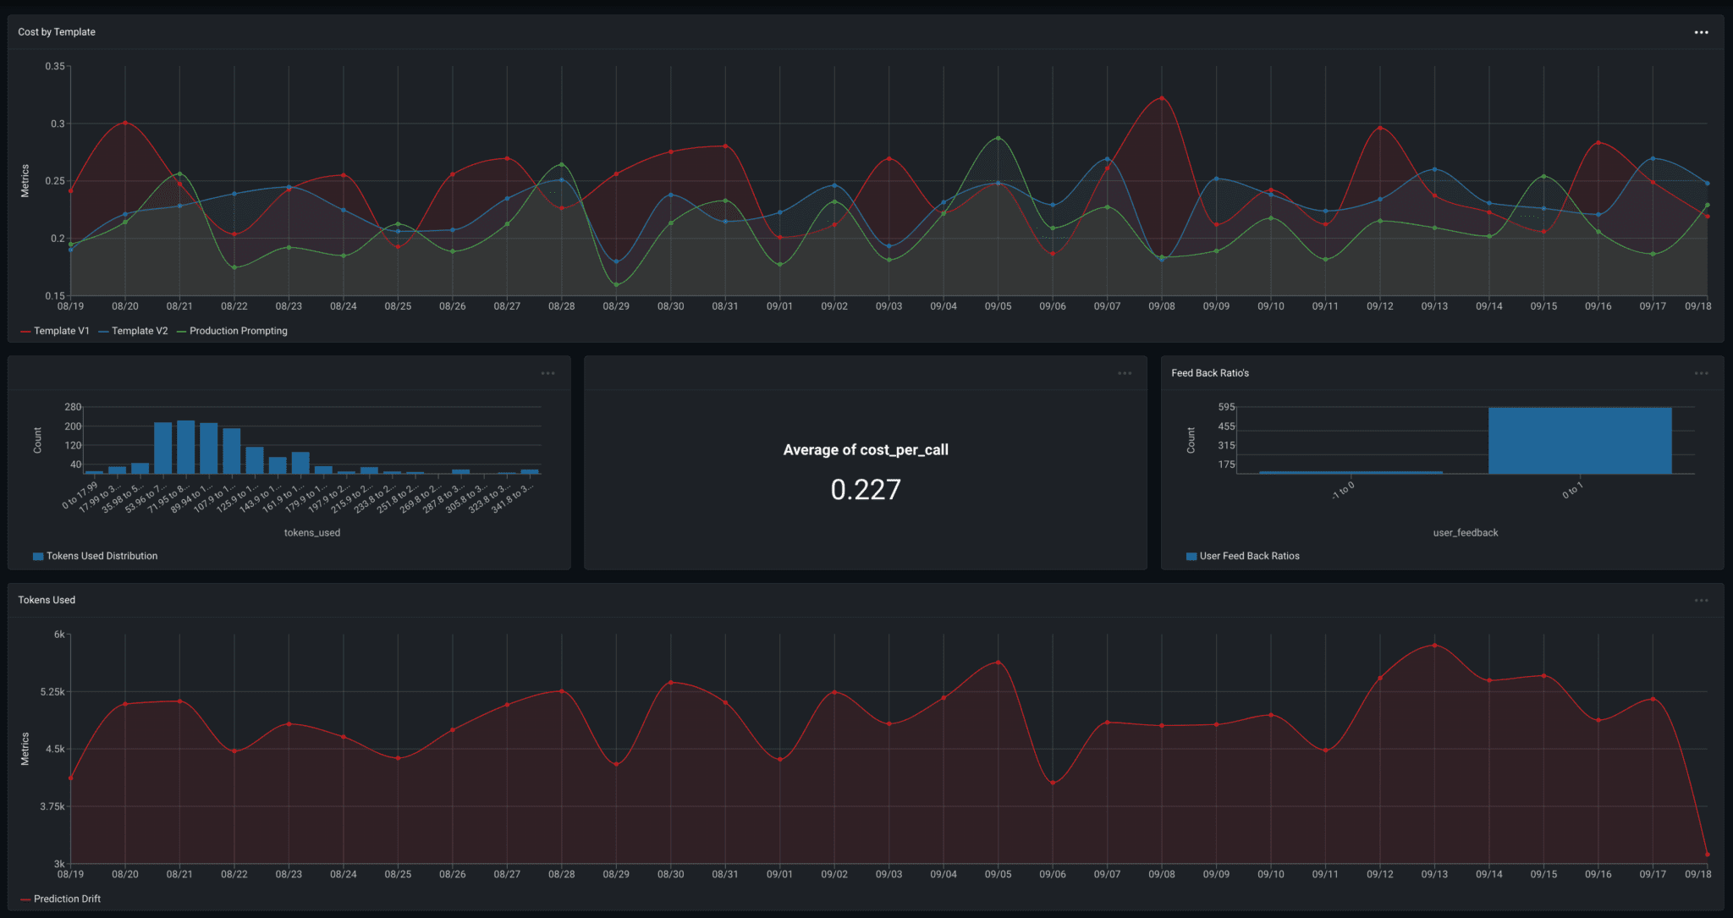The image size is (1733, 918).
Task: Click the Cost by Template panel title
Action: pyautogui.click(x=57, y=32)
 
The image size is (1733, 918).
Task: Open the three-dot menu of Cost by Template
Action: pyautogui.click(x=1701, y=32)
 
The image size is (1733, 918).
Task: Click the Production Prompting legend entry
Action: pyautogui.click(x=238, y=331)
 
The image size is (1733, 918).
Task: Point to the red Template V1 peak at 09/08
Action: pyautogui.click(x=1162, y=98)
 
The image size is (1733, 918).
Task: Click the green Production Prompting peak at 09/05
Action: pyautogui.click(x=999, y=138)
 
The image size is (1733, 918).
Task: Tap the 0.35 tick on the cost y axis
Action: pyautogui.click(x=55, y=66)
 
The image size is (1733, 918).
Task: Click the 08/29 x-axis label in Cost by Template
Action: pyautogui.click(x=616, y=306)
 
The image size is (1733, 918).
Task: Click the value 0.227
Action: pyautogui.click(x=866, y=490)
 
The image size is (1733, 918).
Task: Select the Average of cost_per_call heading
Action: pyautogui.click(x=866, y=450)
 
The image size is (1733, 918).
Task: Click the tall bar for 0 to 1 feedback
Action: pyautogui.click(x=1580, y=440)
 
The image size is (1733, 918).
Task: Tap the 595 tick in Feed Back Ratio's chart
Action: pyautogui.click(x=1226, y=407)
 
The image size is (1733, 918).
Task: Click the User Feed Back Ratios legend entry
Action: pyautogui.click(x=1249, y=556)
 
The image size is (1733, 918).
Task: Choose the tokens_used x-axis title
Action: pyautogui.click(x=312, y=533)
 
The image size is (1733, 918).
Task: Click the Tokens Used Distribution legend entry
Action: pyautogui.click(x=102, y=556)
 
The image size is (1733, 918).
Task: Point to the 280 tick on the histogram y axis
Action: pyautogui.click(x=73, y=407)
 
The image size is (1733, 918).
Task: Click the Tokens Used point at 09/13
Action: pyautogui.click(x=1434, y=646)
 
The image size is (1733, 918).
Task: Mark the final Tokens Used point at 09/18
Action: pyautogui.click(x=1707, y=855)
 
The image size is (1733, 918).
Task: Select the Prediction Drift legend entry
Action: pyautogui.click(x=67, y=899)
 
